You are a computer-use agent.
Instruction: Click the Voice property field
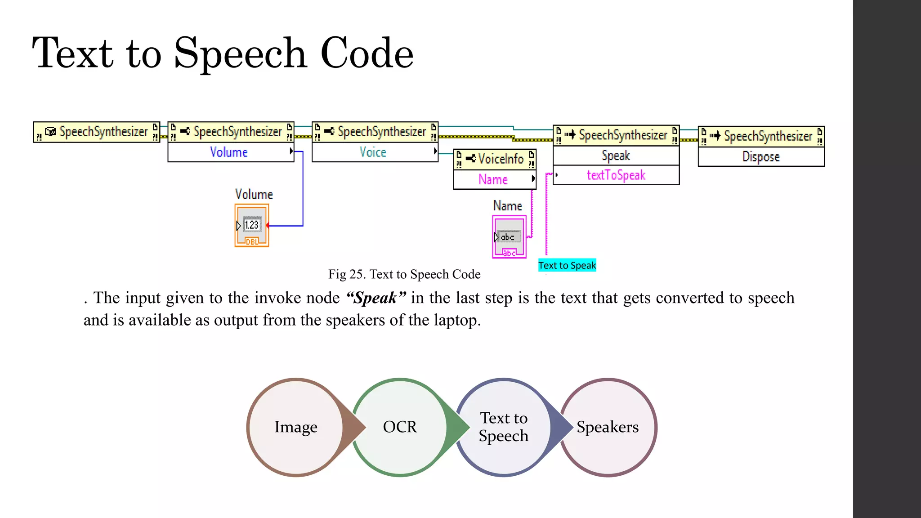tap(373, 152)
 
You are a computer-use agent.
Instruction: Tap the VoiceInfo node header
tap(495, 159)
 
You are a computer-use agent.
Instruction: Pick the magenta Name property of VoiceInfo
tap(493, 180)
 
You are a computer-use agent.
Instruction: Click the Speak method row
tap(616, 156)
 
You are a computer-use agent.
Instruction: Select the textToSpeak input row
tap(616, 175)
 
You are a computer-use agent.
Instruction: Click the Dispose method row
tap(761, 157)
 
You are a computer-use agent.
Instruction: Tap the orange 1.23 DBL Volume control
tap(251, 225)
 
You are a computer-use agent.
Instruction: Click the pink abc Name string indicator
tap(509, 237)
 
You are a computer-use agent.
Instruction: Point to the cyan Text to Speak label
tap(567, 266)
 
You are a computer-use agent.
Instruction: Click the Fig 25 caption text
tap(404, 274)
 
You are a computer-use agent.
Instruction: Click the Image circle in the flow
tap(295, 427)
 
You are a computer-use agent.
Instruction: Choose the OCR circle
tap(400, 427)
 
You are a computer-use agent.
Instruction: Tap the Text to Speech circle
tap(503, 427)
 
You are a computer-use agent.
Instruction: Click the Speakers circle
tap(608, 427)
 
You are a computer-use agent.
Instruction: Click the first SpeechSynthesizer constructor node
tap(97, 132)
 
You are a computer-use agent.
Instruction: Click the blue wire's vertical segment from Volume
tap(303, 189)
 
